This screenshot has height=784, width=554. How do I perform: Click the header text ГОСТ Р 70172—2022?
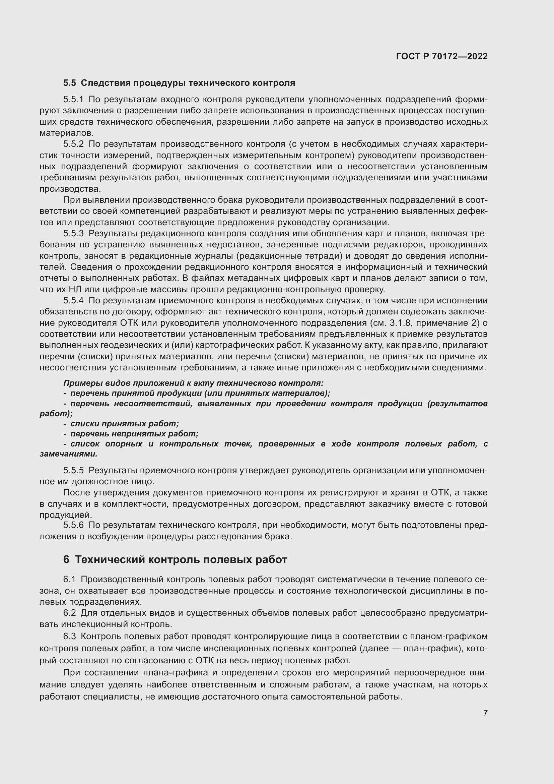(x=442, y=56)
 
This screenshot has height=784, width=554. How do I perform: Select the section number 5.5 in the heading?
(x=70, y=83)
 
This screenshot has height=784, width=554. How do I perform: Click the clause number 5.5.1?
(x=73, y=100)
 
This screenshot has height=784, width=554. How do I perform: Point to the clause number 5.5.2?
(x=73, y=144)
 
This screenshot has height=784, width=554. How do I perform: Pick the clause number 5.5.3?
(x=73, y=234)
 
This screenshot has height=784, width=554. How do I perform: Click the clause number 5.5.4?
(x=73, y=301)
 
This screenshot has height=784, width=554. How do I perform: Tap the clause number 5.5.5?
(x=73, y=471)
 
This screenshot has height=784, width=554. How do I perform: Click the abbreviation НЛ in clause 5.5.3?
(x=75, y=290)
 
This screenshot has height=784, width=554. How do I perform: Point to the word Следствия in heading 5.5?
(x=106, y=83)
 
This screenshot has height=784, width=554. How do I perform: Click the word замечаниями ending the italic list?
(x=68, y=455)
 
